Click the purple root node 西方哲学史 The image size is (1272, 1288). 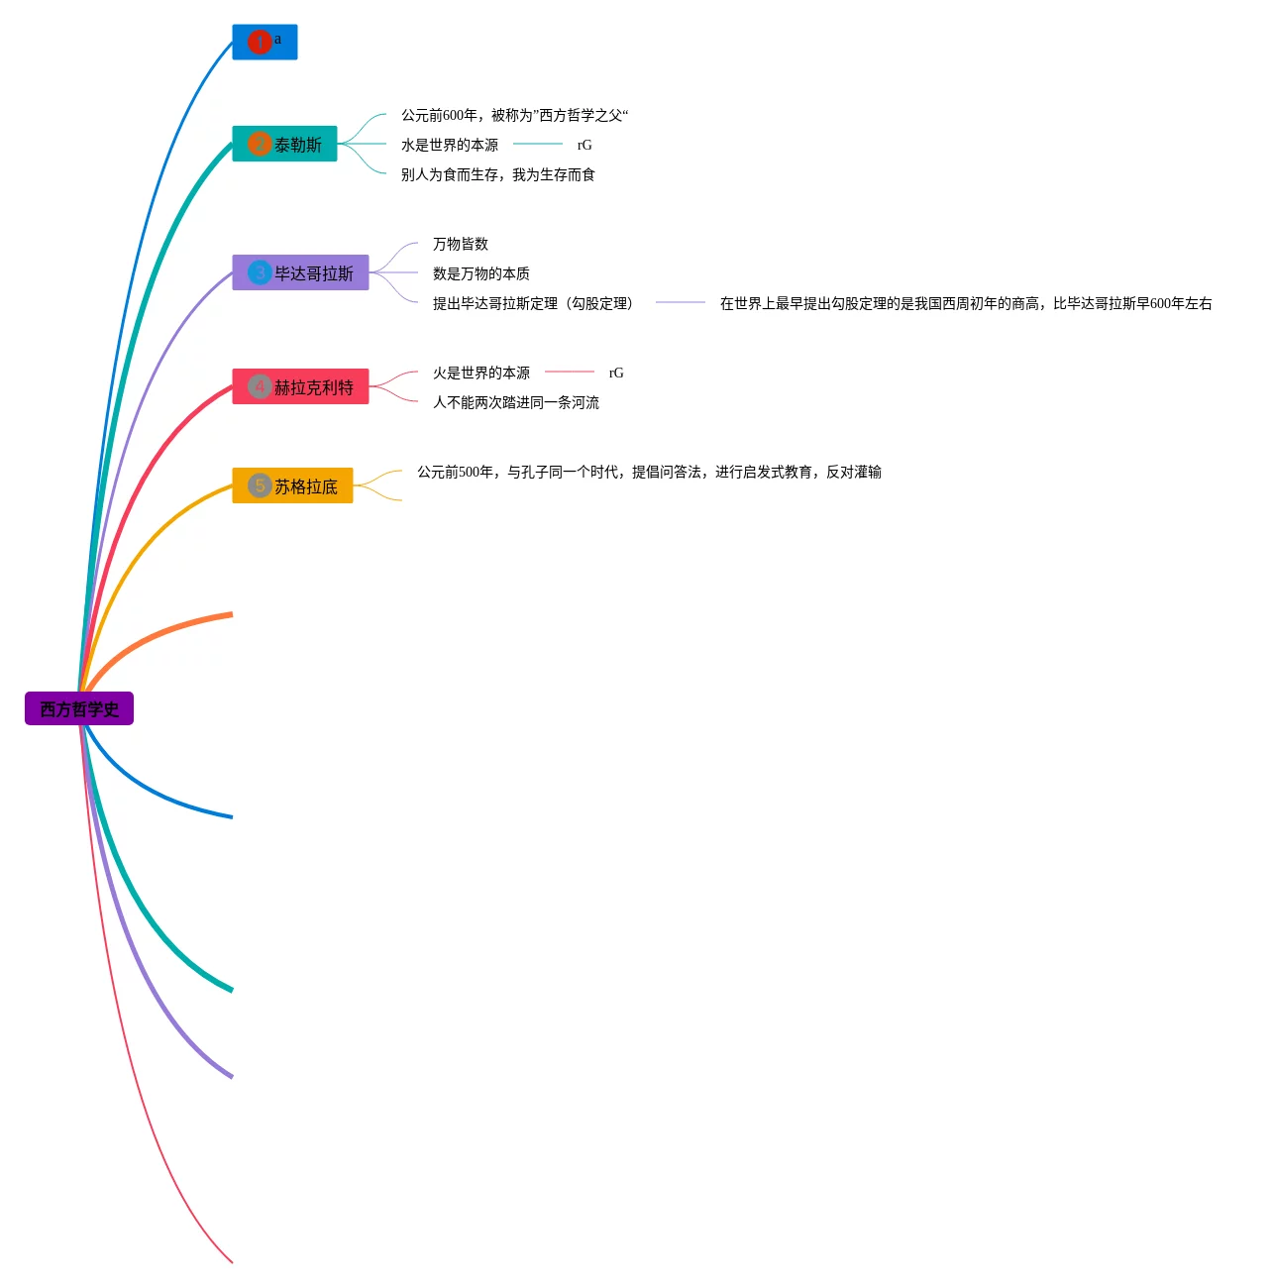(x=79, y=708)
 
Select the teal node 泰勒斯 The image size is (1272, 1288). (x=297, y=145)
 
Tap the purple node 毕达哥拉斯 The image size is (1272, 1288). (x=313, y=273)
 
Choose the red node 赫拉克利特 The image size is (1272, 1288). (x=313, y=387)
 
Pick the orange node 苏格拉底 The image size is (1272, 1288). (x=305, y=486)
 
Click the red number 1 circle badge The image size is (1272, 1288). (x=260, y=42)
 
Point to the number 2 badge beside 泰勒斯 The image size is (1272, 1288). (x=260, y=144)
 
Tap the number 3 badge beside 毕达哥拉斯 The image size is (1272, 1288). (x=260, y=272)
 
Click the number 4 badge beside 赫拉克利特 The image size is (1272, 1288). (x=260, y=386)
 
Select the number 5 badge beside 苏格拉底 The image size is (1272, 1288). (x=260, y=485)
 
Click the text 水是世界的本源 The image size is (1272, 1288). (x=450, y=145)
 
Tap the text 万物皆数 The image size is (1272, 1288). (x=461, y=244)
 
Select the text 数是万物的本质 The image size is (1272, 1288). (x=481, y=273)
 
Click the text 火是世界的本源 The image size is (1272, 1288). (x=481, y=373)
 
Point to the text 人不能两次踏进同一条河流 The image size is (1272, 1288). (x=516, y=402)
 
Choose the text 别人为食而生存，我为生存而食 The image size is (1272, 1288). (x=498, y=174)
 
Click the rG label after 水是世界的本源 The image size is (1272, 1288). (x=584, y=145)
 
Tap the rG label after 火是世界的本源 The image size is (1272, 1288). (x=616, y=373)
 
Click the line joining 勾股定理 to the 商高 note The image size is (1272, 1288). (x=681, y=302)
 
